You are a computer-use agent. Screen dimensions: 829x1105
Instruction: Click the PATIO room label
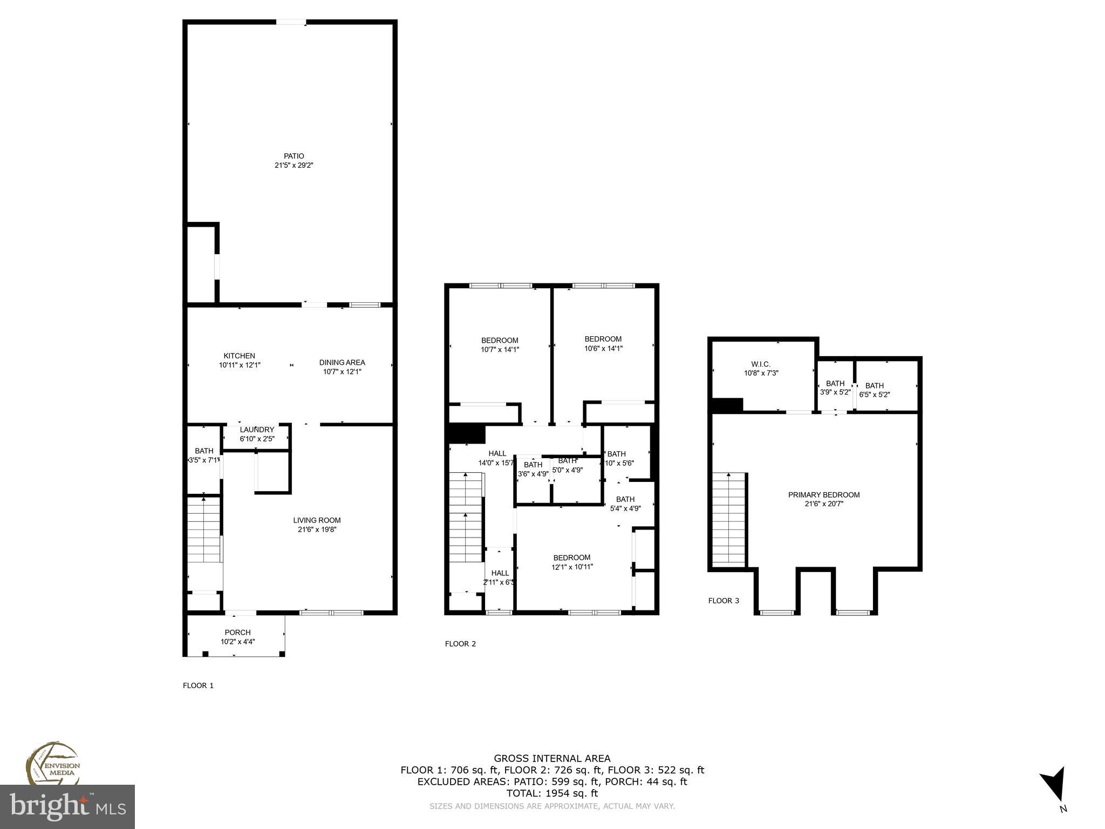coord(294,157)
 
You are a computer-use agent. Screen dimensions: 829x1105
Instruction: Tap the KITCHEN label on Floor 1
coord(240,356)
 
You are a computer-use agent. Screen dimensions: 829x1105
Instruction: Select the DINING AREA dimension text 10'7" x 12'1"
coord(342,371)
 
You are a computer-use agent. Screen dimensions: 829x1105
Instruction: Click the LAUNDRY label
coord(257,430)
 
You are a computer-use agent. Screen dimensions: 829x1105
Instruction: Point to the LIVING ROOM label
coord(317,520)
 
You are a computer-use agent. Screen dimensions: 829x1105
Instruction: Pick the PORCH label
coord(237,633)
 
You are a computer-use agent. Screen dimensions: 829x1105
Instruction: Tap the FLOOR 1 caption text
coord(198,685)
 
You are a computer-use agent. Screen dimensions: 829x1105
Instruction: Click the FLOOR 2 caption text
coord(460,643)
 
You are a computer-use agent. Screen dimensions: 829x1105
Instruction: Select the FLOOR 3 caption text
coord(724,600)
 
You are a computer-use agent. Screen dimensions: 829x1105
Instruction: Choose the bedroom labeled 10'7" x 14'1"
coord(500,345)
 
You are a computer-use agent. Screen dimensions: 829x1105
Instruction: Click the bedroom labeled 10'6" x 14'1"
coord(603,344)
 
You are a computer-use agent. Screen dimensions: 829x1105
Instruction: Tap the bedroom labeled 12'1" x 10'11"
coord(572,562)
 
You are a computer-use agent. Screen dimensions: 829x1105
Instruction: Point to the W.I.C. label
coord(761,364)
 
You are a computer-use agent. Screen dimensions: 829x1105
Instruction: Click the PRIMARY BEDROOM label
coord(824,495)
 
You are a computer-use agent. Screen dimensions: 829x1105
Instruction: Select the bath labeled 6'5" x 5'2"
coord(874,390)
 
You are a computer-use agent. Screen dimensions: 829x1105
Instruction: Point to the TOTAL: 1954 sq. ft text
coord(552,793)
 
